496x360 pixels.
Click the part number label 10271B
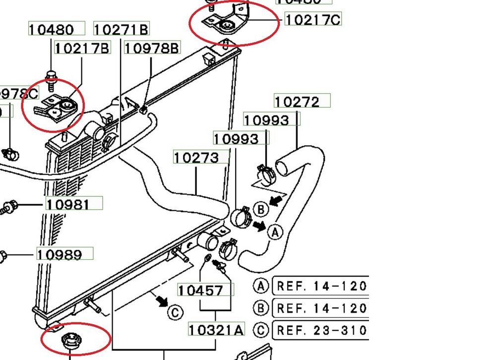point(121,29)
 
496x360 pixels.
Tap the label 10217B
point(82,48)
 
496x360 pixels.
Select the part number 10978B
point(152,48)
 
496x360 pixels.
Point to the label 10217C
point(312,19)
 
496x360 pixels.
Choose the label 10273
point(196,158)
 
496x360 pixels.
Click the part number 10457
point(200,290)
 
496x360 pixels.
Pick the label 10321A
point(216,329)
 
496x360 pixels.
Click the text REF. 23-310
point(321,330)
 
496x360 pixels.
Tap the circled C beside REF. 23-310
point(260,330)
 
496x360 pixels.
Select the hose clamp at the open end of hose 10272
point(267,174)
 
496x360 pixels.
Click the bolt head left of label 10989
point(2,256)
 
